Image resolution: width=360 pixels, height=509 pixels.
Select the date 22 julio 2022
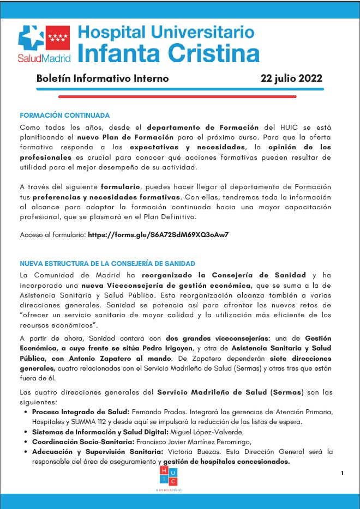291,78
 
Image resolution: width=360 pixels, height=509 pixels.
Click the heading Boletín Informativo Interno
102,78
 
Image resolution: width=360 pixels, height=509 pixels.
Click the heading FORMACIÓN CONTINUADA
64,116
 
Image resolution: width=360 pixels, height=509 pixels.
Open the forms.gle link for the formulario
158,235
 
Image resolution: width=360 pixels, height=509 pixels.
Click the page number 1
342,473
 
